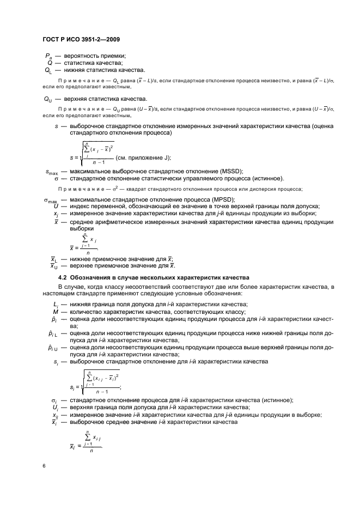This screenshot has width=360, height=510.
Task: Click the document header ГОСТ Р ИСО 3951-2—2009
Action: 80,40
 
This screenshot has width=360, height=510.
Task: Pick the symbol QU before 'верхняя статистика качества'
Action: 47,99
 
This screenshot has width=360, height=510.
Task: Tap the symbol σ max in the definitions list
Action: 50,199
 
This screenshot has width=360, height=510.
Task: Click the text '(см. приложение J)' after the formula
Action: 144,157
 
